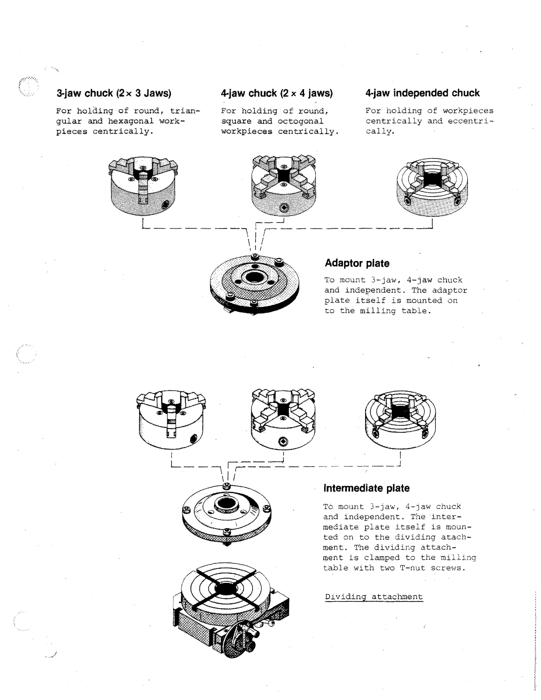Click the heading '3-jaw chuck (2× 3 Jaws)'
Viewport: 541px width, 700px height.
[x=114, y=93]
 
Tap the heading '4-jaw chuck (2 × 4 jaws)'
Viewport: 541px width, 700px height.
[x=277, y=93]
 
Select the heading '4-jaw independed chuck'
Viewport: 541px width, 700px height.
[x=422, y=93]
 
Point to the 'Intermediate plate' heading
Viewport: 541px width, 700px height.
[x=366, y=488]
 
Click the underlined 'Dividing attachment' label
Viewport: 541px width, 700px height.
[x=374, y=597]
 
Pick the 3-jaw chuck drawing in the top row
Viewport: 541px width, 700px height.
[x=143, y=186]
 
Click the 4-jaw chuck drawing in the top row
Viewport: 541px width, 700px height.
[x=284, y=186]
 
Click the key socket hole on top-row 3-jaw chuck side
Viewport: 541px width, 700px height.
[x=166, y=204]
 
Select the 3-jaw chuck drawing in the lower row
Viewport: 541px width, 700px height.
[x=171, y=419]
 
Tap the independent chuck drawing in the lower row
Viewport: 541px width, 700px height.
[x=400, y=419]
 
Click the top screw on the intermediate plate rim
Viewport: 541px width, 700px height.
[x=227, y=486]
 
